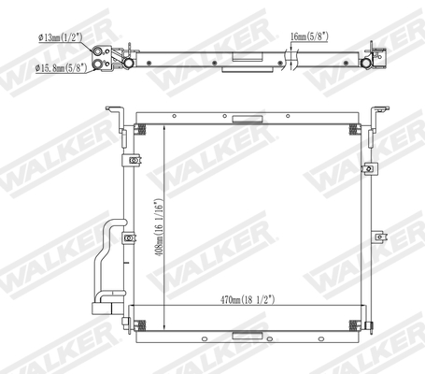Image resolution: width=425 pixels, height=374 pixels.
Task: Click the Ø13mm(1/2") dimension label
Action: click(x=62, y=38)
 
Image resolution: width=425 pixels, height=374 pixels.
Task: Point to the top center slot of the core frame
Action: click(x=248, y=119)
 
